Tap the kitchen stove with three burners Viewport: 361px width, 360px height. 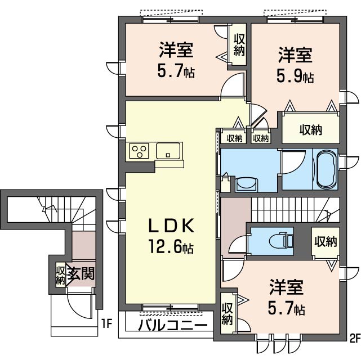coord(139,151)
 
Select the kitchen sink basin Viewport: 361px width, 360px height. coord(168,151)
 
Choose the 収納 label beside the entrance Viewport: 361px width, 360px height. coord(60,274)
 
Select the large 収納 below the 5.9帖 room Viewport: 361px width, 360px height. coord(310,130)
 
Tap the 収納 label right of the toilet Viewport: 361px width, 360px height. coord(325,242)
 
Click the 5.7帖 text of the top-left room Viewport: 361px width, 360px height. coord(176,71)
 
